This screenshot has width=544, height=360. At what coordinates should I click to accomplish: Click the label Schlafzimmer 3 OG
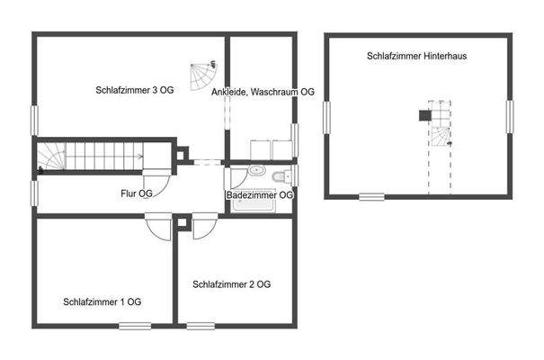tap(134, 90)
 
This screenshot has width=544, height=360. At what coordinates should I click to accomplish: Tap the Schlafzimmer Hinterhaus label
tap(422, 56)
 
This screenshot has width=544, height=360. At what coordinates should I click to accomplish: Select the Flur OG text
tap(137, 193)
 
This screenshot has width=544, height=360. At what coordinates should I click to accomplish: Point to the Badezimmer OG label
tap(260, 194)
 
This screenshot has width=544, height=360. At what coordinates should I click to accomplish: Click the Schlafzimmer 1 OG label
tap(102, 301)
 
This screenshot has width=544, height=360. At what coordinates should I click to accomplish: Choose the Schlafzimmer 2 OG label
tap(231, 284)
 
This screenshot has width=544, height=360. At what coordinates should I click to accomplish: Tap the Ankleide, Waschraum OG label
tap(263, 92)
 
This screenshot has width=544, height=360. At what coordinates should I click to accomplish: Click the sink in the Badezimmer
tap(257, 171)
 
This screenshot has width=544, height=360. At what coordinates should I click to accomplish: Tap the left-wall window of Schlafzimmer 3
tap(35, 120)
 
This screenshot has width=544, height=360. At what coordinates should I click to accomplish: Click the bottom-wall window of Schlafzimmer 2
tap(201, 325)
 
